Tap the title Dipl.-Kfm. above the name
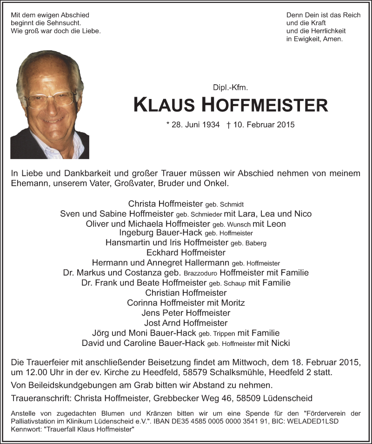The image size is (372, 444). (237, 87)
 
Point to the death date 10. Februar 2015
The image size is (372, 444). (265, 125)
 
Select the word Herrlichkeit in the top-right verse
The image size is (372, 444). (317, 31)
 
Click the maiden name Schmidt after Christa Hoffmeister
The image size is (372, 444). (232, 205)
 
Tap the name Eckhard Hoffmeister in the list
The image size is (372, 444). (186, 253)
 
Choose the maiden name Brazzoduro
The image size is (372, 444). (200, 273)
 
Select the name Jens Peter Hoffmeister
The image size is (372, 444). (186, 312)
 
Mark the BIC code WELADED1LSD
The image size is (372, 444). (318, 421)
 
